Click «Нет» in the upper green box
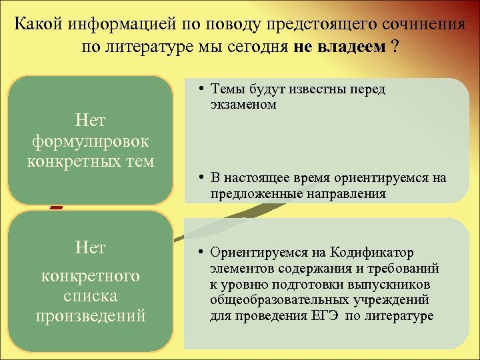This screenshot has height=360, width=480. (x=91, y=121)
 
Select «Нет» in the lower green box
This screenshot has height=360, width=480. (x=91, y=248)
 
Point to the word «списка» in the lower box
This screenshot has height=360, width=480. (x=91, y=295)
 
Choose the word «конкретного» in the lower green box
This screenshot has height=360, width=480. (x=91, y=275)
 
